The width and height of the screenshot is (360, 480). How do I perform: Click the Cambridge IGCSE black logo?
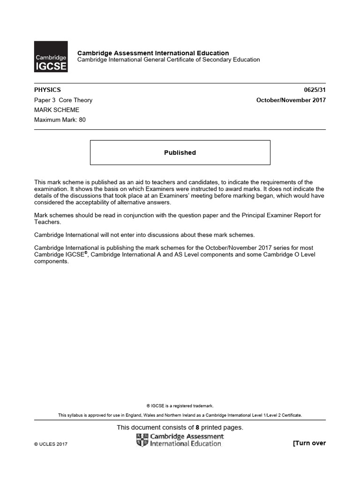(51, 57)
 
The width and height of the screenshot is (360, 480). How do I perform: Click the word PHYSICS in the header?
(47, 90)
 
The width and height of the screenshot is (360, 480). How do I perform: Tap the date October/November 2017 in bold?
(291, 100)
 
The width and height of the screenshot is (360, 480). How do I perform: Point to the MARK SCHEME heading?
(57, 110)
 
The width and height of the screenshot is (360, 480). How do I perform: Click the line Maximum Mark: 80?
(60, 120)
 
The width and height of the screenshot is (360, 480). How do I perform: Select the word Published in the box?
(180, 153)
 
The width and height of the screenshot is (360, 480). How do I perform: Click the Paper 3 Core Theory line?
(63, 100)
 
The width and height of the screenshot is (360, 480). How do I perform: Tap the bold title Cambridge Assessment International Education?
(153, 53)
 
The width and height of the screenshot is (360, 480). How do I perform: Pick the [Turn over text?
(309, 443)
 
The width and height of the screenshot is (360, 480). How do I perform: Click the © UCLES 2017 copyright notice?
(51, 444)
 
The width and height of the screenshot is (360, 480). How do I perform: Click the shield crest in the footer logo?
(142, 440)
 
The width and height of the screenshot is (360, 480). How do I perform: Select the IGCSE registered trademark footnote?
(180, 406)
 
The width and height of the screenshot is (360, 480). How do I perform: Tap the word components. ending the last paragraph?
(52, 262)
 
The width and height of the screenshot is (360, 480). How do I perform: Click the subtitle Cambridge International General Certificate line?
(168, 60)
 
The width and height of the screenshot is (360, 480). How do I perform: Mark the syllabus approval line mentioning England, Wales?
(180, 415)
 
